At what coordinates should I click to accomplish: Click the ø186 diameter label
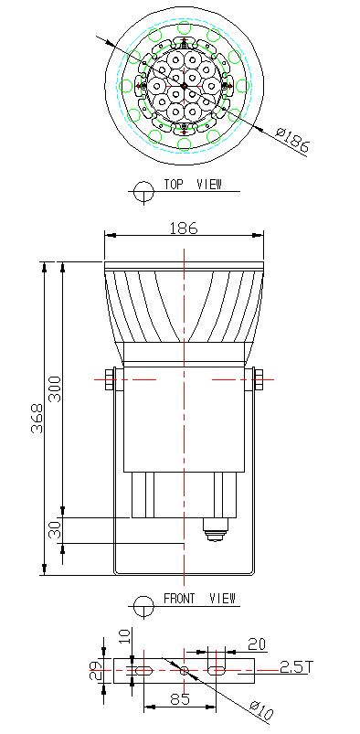click(x=292, y=140)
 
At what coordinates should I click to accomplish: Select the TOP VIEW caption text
click(x=193, y=184)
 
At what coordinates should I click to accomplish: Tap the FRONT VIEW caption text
click(x=199, y=598)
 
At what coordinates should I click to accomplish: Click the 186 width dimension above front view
click(x=184, y=229)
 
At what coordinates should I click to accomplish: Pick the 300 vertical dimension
click(x=55, y=388)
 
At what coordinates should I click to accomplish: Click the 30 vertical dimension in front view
click(x=55, y=529)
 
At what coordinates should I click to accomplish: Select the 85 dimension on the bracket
click(x=180, y=699)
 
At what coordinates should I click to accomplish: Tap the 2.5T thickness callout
click(x=295, y=666)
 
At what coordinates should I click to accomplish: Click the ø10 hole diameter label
click(x=261, y=709)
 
